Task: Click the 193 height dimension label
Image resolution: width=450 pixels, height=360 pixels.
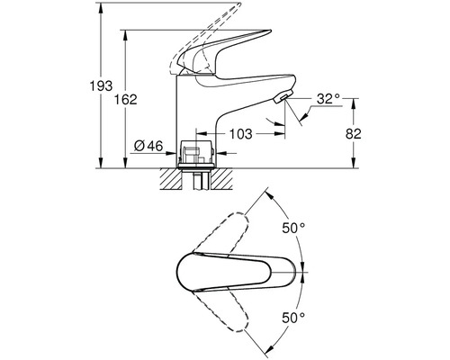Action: pos(102,86)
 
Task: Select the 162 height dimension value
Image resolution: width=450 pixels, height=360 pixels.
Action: pos(126,99)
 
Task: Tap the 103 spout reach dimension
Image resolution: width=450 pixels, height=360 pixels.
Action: pos(241,134)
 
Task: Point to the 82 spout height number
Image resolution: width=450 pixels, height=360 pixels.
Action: pos(354,134)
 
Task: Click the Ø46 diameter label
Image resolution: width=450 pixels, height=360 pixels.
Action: pos(148,146)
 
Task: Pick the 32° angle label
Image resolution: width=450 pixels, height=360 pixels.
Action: pos(328,99)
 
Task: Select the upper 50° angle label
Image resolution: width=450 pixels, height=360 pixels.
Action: pos(293,229)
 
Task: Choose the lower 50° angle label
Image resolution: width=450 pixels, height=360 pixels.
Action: pos(293,318)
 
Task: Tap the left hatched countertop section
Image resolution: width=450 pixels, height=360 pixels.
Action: pos(171,179)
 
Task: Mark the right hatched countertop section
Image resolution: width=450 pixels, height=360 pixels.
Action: pos(221,179)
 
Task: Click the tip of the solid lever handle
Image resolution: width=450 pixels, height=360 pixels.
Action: pos(271,31)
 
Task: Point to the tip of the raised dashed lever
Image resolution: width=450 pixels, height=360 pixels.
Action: pos(240,4)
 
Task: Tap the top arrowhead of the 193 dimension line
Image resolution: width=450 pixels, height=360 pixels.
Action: pos(101,6)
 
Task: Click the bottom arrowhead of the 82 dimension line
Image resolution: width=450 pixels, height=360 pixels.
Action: pos(355,163)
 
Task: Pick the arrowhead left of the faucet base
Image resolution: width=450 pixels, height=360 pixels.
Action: pos(170,153)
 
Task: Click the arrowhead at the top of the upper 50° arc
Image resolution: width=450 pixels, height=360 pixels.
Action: pos(269,194)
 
